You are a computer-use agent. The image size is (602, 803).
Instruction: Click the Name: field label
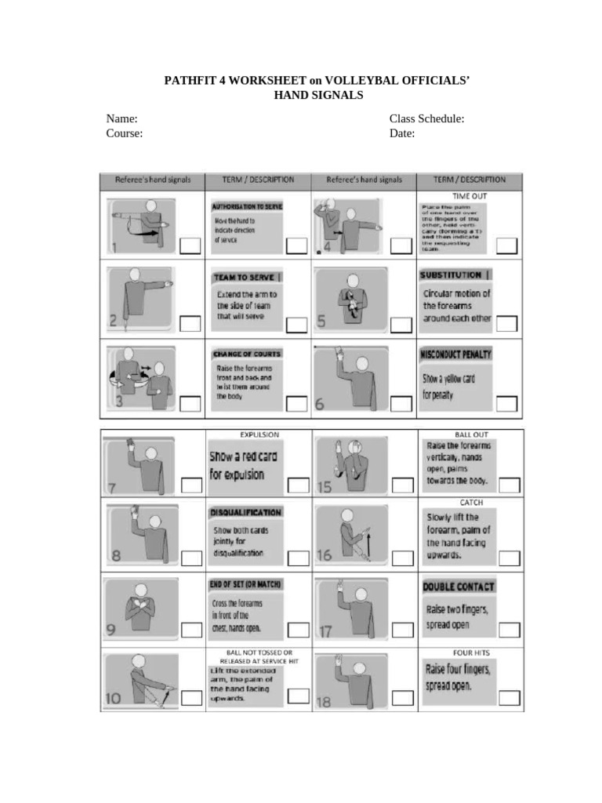point(122,119)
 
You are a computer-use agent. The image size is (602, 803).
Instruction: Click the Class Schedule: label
point(426,119)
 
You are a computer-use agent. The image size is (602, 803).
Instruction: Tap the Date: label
point(402,133)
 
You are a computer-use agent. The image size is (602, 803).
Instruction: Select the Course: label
point(125,133)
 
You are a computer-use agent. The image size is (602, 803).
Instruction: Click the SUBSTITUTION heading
point(451,275)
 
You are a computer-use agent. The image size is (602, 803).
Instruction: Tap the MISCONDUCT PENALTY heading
point(455,354)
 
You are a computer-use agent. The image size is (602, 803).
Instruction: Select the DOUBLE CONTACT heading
point(459,587)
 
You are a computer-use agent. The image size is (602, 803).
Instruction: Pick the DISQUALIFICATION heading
point(245,512)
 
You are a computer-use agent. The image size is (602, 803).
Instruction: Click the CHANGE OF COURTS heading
point(246,354)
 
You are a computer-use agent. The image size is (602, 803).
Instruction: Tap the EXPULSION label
point(259,434)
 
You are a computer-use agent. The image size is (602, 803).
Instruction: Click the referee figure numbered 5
point(350,299)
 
